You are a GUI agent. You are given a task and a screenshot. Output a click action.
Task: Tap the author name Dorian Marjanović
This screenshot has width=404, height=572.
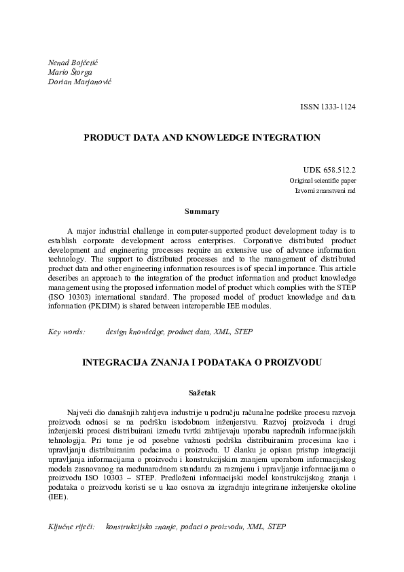point(79,82)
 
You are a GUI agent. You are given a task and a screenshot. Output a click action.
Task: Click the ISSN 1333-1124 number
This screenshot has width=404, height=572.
point(328,107)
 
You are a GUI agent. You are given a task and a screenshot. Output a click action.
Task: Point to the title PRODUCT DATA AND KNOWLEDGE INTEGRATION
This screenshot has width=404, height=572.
point(202,137)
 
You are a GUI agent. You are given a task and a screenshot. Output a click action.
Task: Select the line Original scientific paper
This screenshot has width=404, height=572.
point(323,181)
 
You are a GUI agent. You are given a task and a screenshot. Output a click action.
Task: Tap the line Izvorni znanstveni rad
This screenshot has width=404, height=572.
point(325,191)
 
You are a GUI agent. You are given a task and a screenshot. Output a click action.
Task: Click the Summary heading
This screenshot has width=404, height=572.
point(202,212)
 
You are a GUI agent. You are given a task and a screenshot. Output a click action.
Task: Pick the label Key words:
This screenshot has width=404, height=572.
point(66,332)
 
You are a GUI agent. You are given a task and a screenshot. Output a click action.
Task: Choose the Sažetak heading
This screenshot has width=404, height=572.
point(202,392)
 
